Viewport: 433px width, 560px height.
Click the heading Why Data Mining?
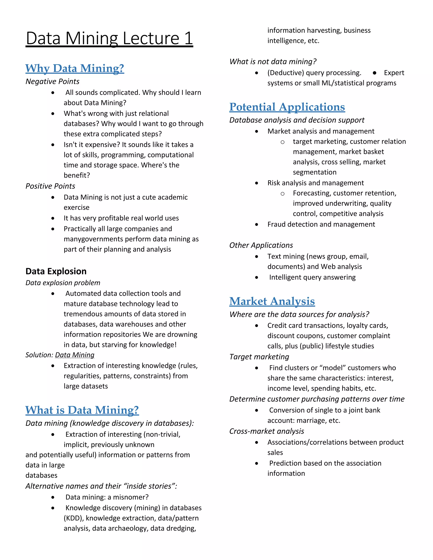click(75, 68)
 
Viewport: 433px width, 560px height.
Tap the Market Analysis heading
click(272, 301)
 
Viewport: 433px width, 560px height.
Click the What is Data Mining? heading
click(82, 410)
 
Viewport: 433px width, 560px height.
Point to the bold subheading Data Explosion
click(56, 271)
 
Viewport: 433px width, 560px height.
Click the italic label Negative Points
click(52, 82)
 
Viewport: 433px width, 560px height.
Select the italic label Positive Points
click(50, 186)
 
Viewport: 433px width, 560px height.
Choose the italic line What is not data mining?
click(273, 61)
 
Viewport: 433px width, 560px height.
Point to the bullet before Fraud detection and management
click(256, 225)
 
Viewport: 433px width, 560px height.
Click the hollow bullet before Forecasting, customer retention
click(282, 194)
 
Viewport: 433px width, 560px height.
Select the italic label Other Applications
click(261, 245)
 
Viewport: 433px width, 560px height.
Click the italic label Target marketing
click(259, 357)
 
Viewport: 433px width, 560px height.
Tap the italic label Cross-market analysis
click(267, 431)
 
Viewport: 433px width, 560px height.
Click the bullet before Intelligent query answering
click(256, 277)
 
